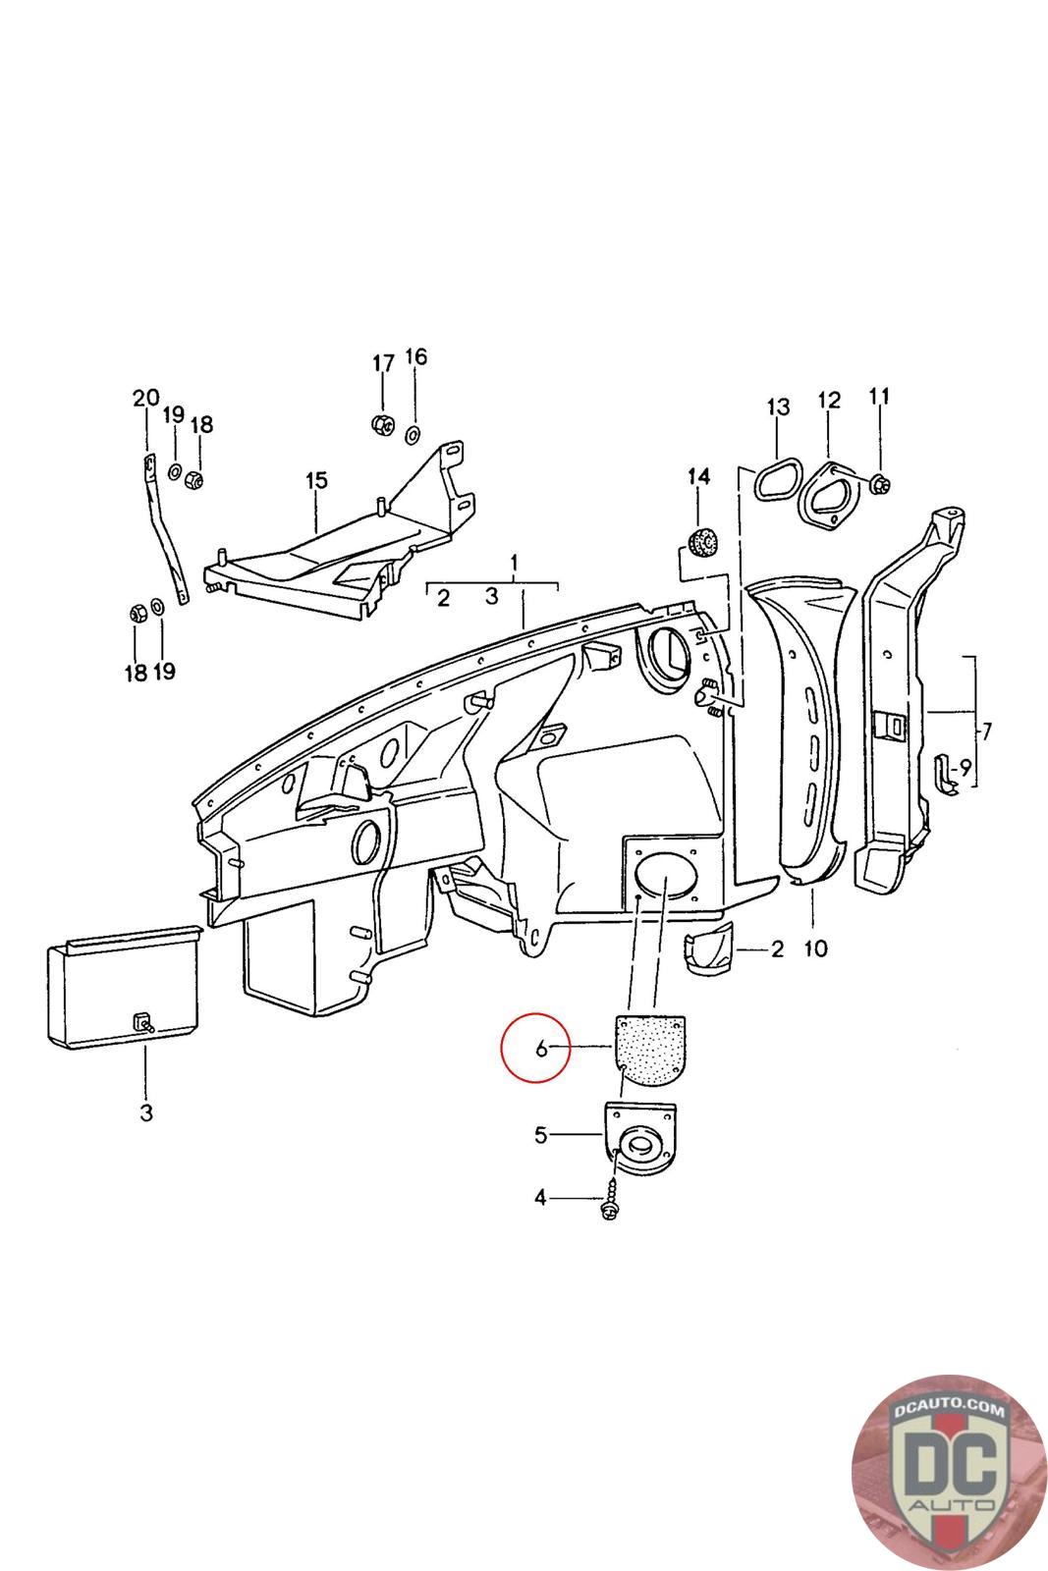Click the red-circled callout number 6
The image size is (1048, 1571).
pyautogui.click(x=540, y=1049)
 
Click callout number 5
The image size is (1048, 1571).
pyautogui.click(x=540, y=1136)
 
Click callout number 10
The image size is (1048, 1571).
pyautogui.click(x=815, y=948)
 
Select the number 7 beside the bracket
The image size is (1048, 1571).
pyautogui.click(x=986, y=731)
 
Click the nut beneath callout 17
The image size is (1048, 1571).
pyautogui.click(x=381, y=424)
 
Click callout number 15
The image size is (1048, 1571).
pyautogui.click(x=315, y=481)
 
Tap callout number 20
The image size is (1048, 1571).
pyautogui.click(x=145, y=399)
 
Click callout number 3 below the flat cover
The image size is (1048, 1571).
pyautogui.click(x=145, y=1112)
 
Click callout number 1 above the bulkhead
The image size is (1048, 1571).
pyautogui.click(x=513, y=565)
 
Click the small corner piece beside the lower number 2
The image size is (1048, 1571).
pyautogui.click(x=707, y=949)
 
